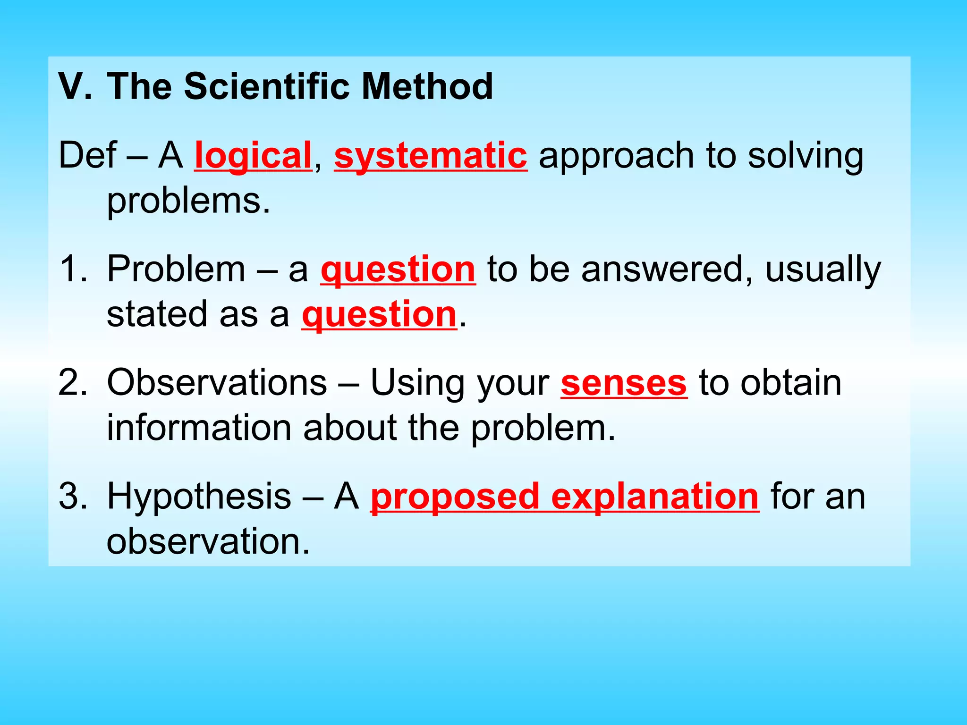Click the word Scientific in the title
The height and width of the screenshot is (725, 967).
[x=266, y=87]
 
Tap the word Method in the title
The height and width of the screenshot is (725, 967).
[x=427, y=87]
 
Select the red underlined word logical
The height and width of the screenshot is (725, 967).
[x=253, y=156]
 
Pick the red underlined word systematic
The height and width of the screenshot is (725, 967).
[x=430, y=156]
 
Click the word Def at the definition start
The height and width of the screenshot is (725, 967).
[x=87, y=155]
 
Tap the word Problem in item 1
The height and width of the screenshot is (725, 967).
[x=176, y=270]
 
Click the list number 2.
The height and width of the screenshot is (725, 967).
[x=73, y=383]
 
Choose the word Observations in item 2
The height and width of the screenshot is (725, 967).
[x=217, y=383]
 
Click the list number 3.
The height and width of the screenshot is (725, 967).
[x=73, y=497]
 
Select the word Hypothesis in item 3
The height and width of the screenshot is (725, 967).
[x=199, y=497]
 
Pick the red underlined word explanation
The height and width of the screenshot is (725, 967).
[x=654, y=497]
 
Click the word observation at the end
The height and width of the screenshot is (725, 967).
[x=208, y=541]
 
